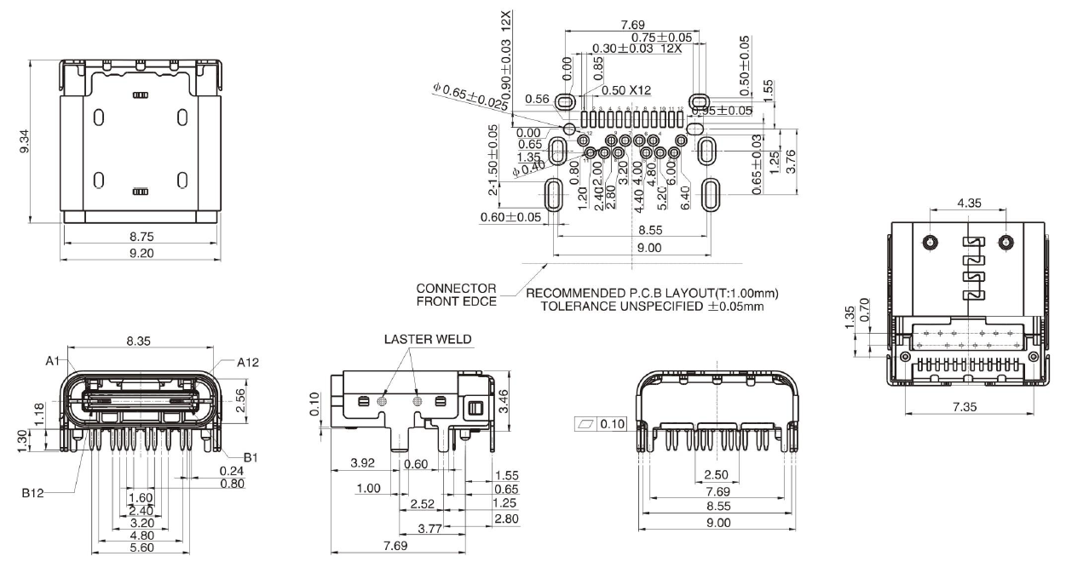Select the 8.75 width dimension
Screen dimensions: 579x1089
coord(141,238)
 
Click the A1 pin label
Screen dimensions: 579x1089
coord(54,361)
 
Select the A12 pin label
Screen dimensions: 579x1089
coord(248,361)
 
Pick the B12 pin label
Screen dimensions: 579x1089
coord(34,492)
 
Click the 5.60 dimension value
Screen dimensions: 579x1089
coord(141,547)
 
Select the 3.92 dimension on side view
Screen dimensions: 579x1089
coord(364,464)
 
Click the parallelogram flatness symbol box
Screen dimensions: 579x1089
coord(587,423)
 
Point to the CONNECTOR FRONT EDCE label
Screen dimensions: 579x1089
coord(456,294)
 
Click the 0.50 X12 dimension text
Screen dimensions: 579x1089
coord(626,90)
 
